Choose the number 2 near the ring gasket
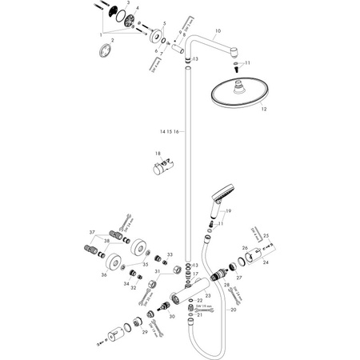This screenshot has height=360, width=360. click(x=112, y=40)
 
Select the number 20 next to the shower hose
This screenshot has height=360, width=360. click(x=234, y=309)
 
